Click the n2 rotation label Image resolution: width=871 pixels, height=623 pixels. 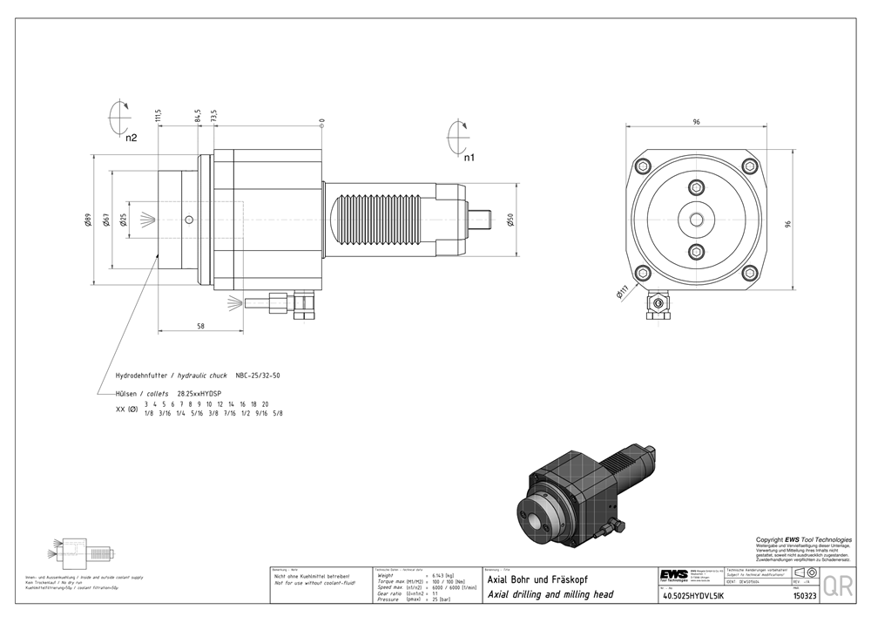coord(131,138)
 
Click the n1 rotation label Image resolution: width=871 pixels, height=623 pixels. coord(469,158)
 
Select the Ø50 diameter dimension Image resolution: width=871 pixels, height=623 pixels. coord(510,219)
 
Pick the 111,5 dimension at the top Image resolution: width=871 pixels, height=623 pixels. coord(159,117)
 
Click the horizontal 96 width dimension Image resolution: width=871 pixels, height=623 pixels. coord(697,122)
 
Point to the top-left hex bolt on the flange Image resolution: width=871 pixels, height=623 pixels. coord(643,166)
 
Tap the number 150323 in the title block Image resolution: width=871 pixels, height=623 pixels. coord(804,596)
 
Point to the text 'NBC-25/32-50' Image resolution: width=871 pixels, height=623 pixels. coord(258,376)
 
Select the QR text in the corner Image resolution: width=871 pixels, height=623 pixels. coord(838,586)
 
